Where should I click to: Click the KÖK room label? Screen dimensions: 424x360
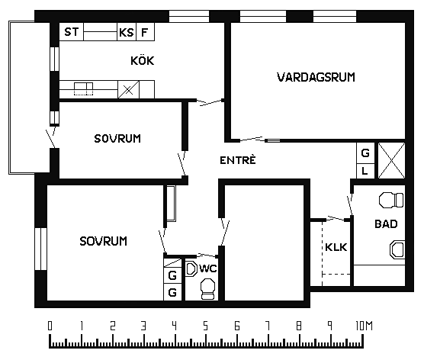click(143, 60)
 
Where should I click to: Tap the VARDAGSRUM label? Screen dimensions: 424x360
click(316, 77)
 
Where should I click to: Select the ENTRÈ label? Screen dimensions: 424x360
click(238, 160)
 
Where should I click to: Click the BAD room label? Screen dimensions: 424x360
click(386, 223)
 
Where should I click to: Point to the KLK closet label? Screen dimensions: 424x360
click(336, 247)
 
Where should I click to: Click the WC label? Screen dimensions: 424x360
click(208, 268)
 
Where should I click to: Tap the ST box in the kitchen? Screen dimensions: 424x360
click(72, 32)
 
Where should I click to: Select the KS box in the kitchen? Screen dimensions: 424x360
click(127, 32)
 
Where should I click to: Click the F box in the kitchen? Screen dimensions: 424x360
click(145, 32)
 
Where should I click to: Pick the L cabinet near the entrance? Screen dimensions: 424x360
click(365, 171)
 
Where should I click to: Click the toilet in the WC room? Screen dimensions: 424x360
click(208, 289)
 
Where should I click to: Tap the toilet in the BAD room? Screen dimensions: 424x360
click(391, 200)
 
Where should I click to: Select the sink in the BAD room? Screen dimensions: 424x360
click(397, 249)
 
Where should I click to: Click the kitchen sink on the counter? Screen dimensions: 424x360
click(84, 89)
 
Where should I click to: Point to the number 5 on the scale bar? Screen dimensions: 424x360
click(205, 326)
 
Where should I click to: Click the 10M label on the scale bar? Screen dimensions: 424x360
click(364, 326)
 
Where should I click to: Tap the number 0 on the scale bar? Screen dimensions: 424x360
click(50, 326)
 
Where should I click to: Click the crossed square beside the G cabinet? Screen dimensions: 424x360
click(391, 160)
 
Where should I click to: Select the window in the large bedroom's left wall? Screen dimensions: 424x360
click(41, 249)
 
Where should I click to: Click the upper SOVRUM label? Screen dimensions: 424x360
click(117, 139)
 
